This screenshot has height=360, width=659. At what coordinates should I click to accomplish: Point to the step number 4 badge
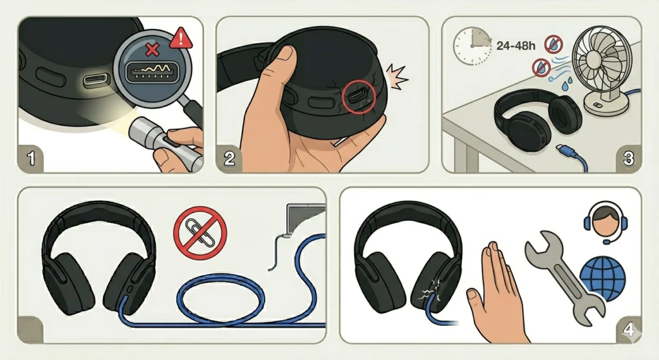[x=627, y=330]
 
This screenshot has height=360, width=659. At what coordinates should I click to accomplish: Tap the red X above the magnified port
[x=153, y=50]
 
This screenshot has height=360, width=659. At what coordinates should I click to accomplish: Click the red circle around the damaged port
[x=357, y=97]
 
